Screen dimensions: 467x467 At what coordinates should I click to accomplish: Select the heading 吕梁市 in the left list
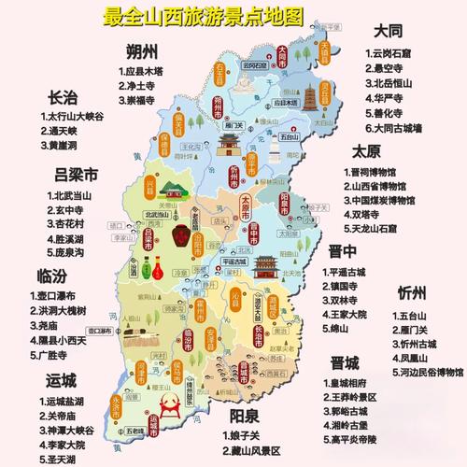(x=78, y=175)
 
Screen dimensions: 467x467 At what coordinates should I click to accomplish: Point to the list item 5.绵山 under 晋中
(x=350, y=329)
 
